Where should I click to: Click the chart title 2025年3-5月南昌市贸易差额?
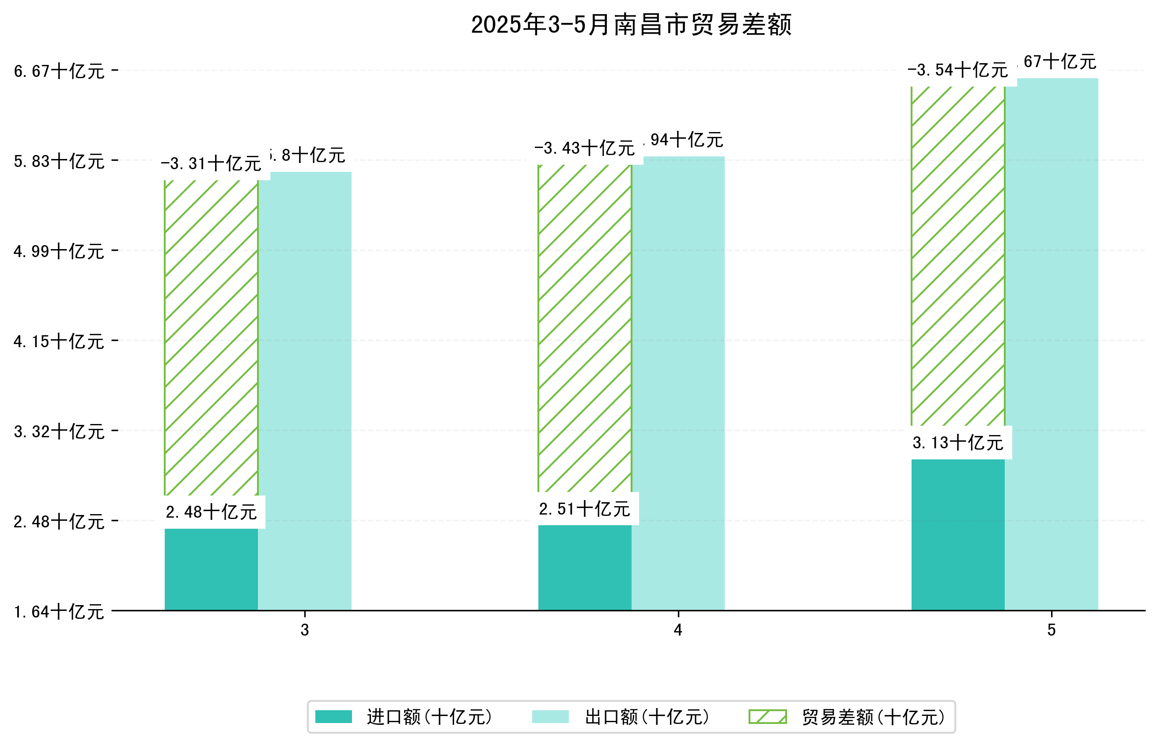631,25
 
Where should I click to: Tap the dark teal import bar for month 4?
585,567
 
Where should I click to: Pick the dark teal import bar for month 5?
957,534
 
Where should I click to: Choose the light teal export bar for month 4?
677,382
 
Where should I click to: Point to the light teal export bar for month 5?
1051,344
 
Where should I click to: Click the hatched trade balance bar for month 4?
585,329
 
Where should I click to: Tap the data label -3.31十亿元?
211,164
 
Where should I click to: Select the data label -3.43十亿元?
585,148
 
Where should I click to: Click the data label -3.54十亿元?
957,70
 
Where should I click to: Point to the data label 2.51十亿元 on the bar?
585,509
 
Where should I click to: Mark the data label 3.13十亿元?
957,442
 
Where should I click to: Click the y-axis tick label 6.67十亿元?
59,71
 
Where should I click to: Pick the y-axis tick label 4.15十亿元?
59,341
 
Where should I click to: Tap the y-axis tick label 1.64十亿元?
59,611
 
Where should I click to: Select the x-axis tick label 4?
677,630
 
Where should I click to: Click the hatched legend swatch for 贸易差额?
767,717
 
